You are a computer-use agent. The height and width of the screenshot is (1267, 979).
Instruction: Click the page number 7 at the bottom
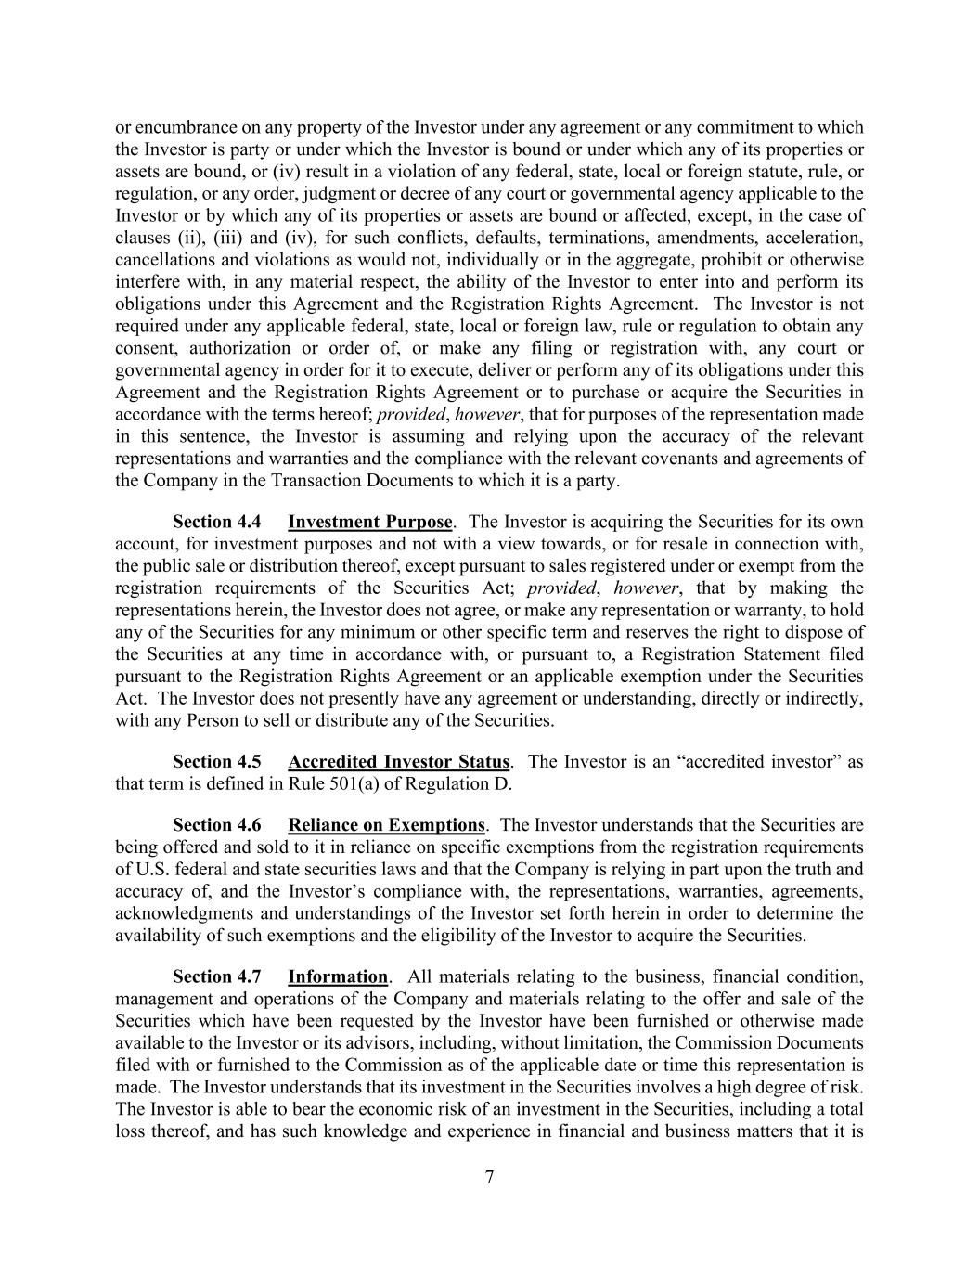click(489, 1178)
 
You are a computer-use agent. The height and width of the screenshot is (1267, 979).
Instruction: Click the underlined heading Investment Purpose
click(370, 522)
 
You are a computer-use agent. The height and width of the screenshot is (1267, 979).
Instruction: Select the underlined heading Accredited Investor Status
click(399, 762)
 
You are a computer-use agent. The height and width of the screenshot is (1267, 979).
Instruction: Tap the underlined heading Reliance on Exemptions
click(386, 825)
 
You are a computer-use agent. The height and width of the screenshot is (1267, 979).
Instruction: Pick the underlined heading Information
click(338, 976)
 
